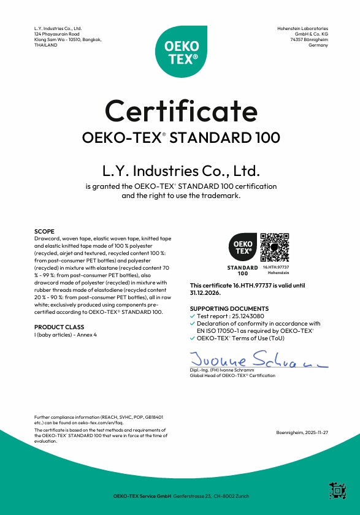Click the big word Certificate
181,110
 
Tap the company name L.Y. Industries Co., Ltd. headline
181,170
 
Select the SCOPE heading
44,231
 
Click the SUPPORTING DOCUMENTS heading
229,308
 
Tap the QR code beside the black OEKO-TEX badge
275,248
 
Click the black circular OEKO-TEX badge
242,248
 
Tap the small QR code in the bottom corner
337,491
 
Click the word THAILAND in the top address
46,45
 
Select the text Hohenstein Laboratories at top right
303,28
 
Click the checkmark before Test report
193,316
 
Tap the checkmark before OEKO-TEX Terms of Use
193,338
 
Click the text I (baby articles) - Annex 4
65,334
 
